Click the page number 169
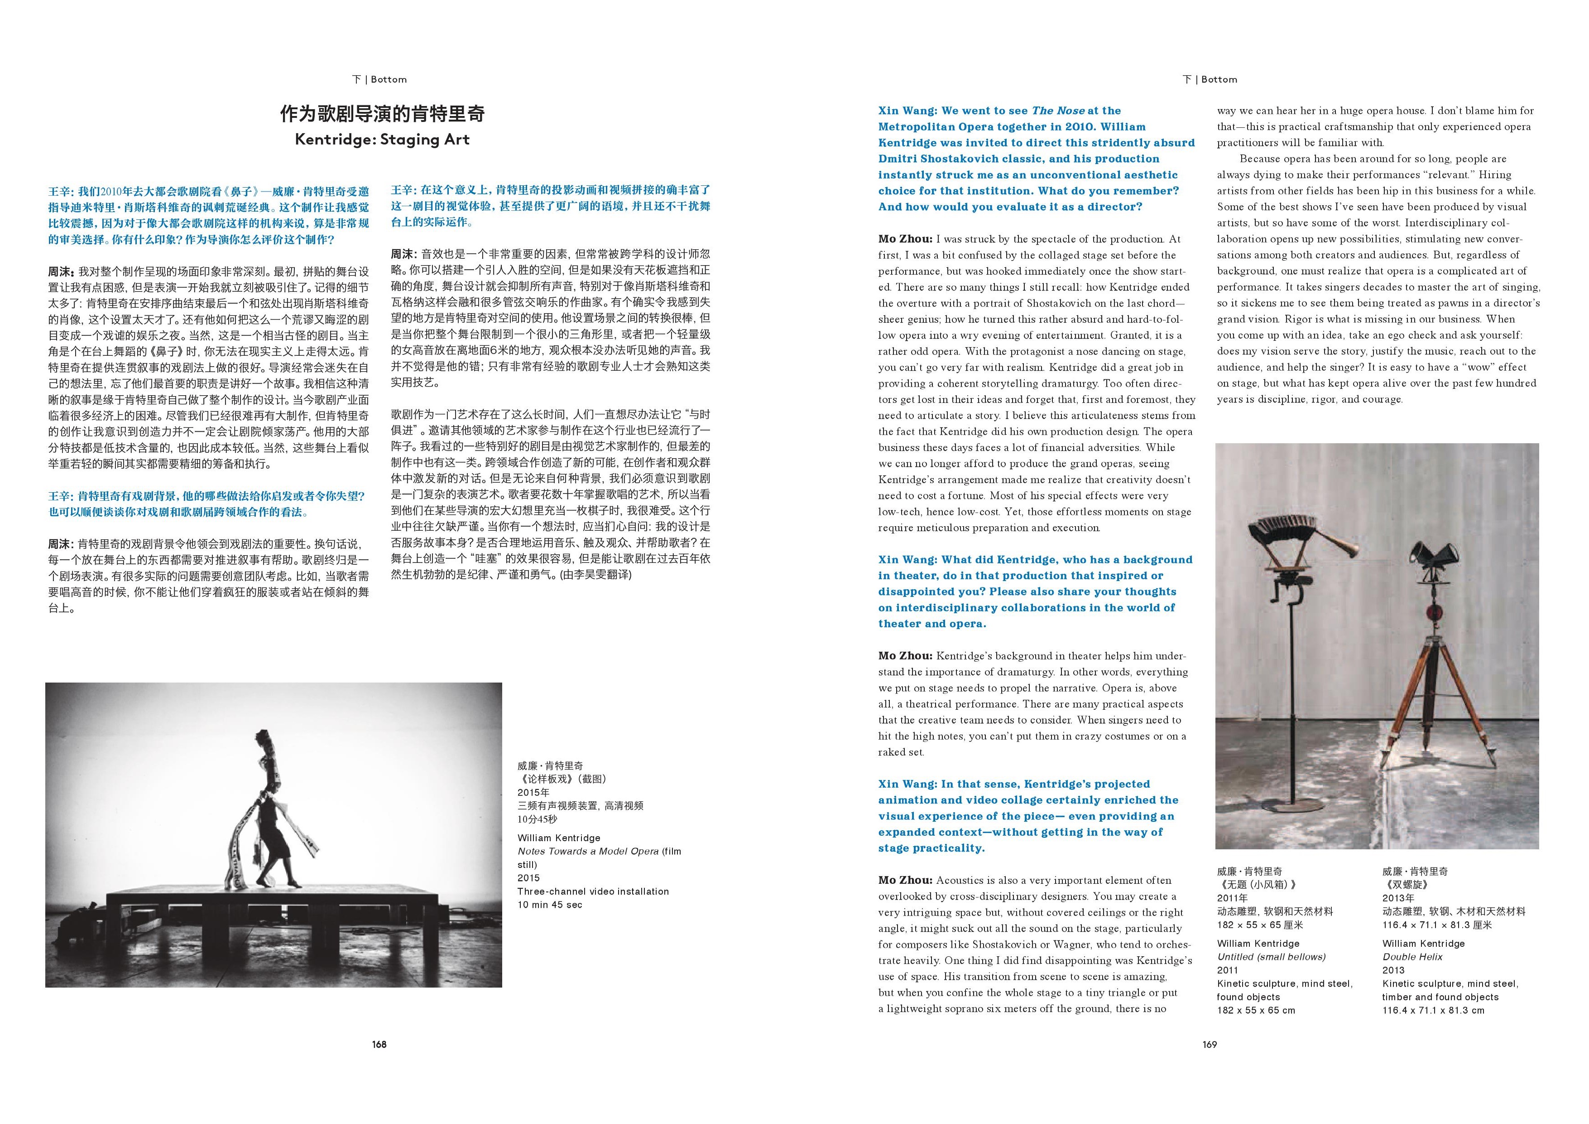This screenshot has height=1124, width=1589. point(1209,1044)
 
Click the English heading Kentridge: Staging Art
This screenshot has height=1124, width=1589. point(382,139)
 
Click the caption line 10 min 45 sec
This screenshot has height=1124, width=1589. point(549,905)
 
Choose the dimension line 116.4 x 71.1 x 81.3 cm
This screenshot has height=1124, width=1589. point(1433,1010)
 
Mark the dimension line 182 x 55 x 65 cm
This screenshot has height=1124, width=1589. point(1256,1010)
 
